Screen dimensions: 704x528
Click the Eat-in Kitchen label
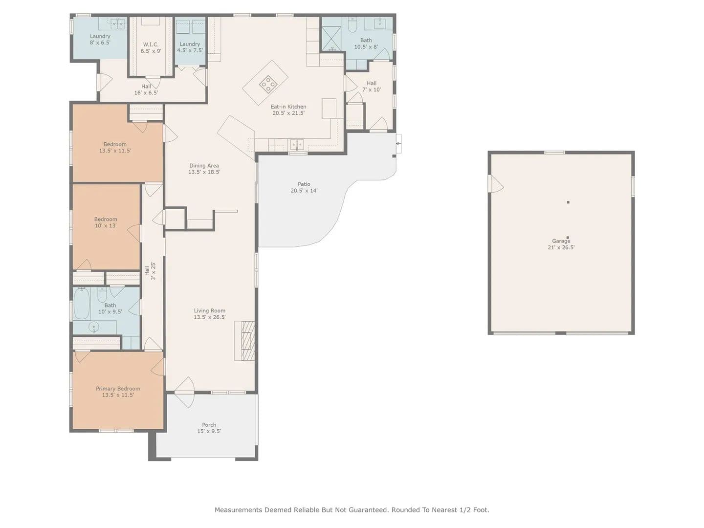coord(288,110)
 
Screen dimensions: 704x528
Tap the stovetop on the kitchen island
coord(268,84)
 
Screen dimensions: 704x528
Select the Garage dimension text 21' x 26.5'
coord(561,247)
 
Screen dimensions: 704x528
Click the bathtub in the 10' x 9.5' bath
coord(82,303)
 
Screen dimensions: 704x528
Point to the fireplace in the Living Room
coord(247,340)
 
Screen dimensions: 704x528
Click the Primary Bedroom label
coord(118,392)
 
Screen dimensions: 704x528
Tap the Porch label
coord(209,428)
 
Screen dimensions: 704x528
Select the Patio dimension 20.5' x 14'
coord(304,191)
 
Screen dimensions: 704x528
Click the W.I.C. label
coord(151,47)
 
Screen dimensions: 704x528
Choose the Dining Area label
coord(204,169)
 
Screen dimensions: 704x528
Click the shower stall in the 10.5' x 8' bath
coord(331,39)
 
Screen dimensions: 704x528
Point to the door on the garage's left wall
coord(496,184)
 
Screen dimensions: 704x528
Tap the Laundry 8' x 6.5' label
coord(100,39)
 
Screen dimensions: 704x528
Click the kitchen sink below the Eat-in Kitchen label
coord(297,145)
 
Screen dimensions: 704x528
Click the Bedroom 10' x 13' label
coord(106,222)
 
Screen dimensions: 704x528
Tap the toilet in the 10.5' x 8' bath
coord(352,25)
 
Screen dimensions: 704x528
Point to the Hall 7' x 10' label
coord(372,86)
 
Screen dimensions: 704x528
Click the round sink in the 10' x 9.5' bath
coord(94,327)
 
